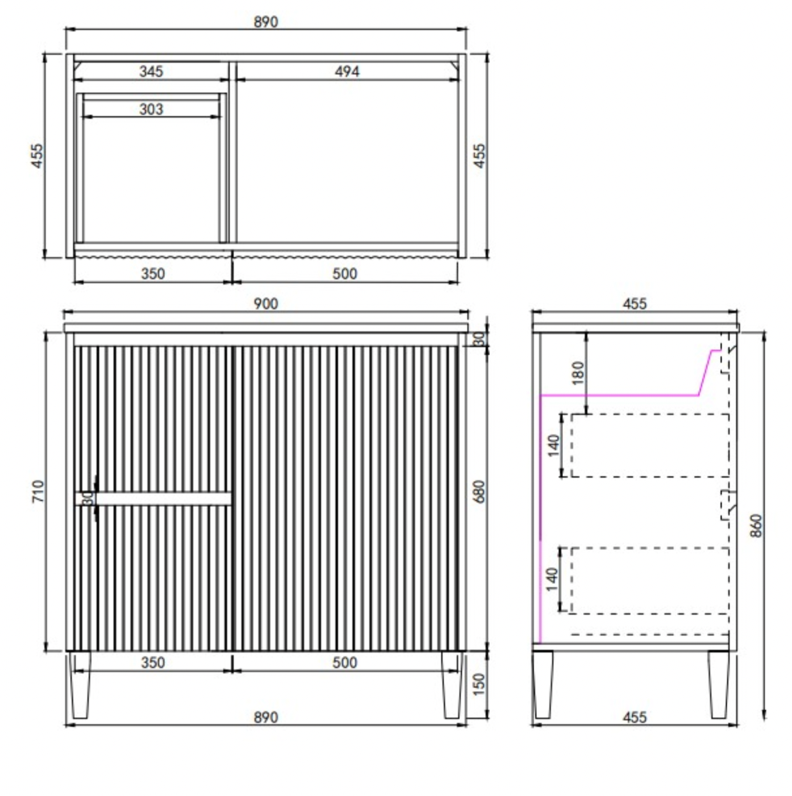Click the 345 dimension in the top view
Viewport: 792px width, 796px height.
click(x=151, y=72)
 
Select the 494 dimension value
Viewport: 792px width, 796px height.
click(x=347, y=72)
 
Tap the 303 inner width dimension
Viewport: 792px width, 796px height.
click(x=151, y=110)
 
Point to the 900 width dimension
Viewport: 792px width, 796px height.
click(x=266, y=303)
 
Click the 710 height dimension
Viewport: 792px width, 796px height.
click(x=38, y=491)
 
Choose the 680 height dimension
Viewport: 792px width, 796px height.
click(x=480, y=491)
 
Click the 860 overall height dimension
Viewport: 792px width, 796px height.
click(x=756, y=525)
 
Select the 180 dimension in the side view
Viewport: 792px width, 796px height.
click(x=579, y=373)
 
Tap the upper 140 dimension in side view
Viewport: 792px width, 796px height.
click(x=554, y=445)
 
